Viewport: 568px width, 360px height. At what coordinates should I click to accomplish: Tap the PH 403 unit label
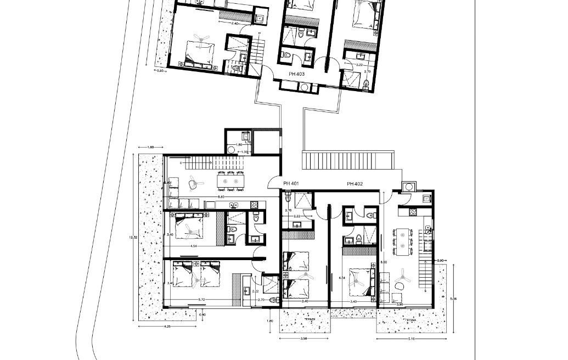click(297, 72)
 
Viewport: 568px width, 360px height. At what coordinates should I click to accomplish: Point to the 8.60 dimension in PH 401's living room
click(220, 196)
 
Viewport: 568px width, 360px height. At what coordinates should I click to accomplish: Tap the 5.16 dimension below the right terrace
click(410, 339)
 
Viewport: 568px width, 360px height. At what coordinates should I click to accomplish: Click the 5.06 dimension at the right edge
click(452, 299)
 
